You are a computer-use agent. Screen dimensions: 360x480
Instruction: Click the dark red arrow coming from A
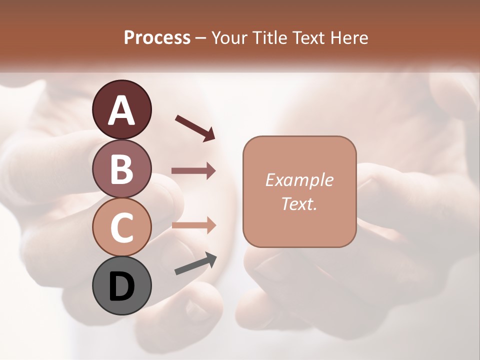point(195,128)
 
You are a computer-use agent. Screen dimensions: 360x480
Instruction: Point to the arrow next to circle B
point(193,170)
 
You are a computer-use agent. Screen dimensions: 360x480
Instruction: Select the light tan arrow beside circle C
point(193,225)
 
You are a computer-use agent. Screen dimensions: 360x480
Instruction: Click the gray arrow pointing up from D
point(195,264)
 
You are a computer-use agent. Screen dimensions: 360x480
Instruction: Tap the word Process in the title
point(157,37)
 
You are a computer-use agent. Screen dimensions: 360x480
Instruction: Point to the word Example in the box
point(299,180)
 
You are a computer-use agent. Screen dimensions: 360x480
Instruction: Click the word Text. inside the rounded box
point(299,203)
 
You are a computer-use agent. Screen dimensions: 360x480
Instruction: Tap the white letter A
point(122,110)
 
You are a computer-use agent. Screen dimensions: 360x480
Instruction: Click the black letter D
point(122,287)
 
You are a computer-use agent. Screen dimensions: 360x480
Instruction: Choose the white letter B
point(122,169)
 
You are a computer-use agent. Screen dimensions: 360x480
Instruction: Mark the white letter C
point(122,228)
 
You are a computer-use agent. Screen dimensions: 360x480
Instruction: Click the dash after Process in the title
point(201,38)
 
